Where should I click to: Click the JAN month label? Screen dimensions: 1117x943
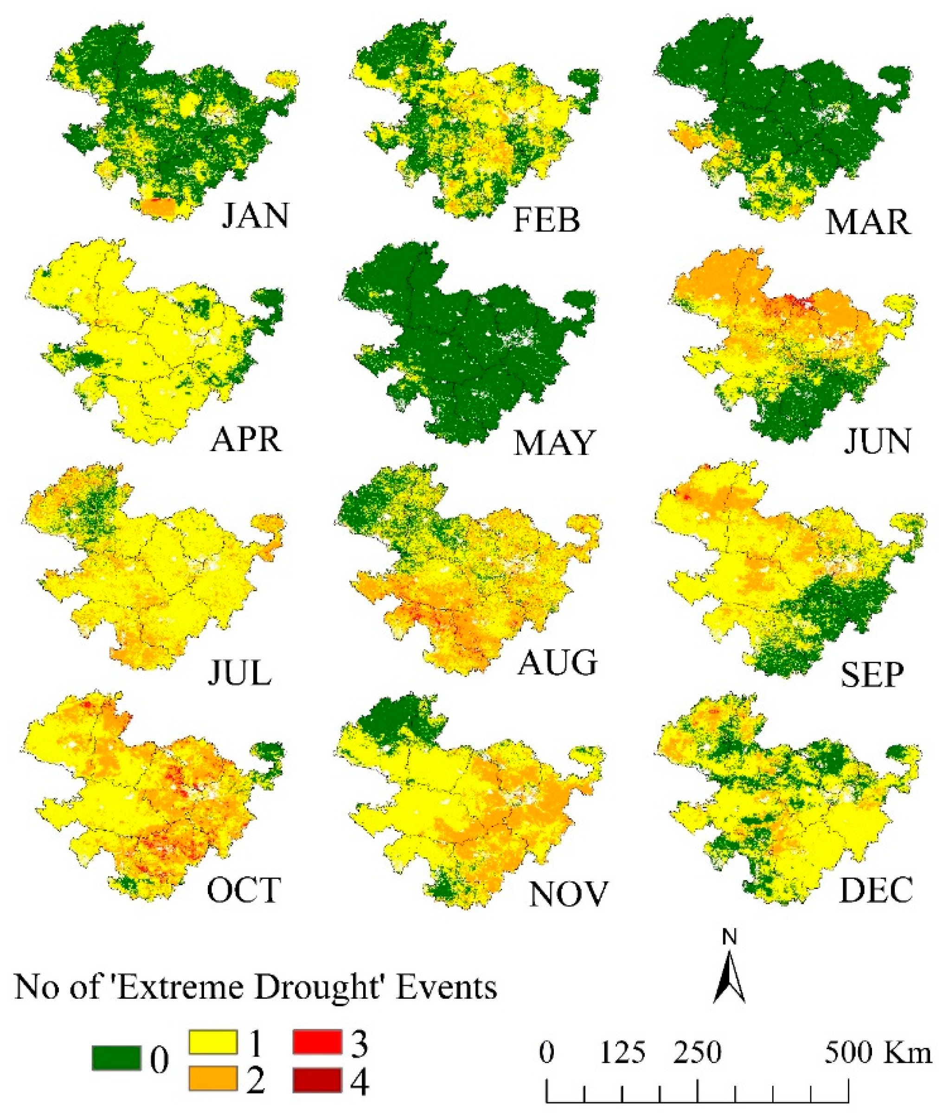(255, 216)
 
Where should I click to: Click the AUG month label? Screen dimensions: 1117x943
(558, 663)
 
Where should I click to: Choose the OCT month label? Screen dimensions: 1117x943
(244, 890)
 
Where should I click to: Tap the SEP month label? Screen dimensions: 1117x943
(872, 675)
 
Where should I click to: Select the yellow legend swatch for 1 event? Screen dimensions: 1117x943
(213, 1042)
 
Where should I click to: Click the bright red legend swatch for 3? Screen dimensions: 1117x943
(317, 1042)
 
